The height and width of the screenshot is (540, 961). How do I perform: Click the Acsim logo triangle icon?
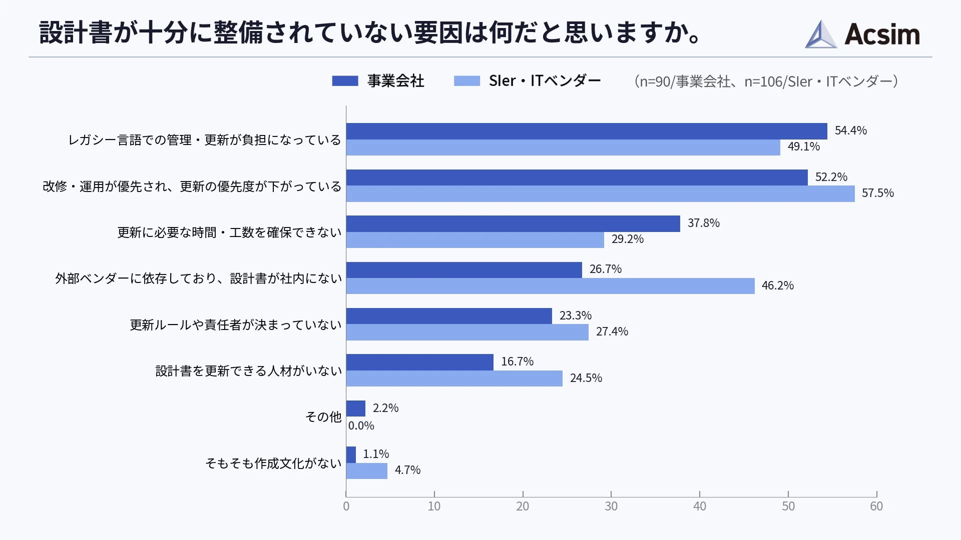coord(820,34)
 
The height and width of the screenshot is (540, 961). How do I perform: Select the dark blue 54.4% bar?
coord(586,131)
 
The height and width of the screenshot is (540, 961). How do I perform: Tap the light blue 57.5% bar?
coord(600,193)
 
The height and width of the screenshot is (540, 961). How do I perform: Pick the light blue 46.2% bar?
coord(550,286)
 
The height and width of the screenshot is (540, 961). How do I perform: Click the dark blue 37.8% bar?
coord(513,223)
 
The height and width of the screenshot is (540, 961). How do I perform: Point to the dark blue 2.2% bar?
coord(356,408)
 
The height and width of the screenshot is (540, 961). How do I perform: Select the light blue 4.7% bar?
coord(367,471)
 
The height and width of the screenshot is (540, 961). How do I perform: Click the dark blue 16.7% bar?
coord(419,362)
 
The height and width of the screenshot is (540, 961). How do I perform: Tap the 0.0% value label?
coord(361,425)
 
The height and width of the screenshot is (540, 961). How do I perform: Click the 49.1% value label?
coord(803,146)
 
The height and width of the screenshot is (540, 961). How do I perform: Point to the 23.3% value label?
coord(575,315)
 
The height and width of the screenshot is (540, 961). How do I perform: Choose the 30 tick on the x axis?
coord(611,506)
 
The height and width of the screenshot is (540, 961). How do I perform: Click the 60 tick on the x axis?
coord(876,506)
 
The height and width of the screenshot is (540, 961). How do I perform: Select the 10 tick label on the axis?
coord(434,506)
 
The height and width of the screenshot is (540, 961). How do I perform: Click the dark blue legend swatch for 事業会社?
coord(345,81)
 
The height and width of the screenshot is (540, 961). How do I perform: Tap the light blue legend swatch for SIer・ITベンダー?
coord(466,81)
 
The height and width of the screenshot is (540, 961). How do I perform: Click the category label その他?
coord(323,417)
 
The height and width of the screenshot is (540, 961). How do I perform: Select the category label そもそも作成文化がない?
coord(273,463)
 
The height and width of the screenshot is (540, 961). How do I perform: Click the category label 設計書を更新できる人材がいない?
coord(249,371)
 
